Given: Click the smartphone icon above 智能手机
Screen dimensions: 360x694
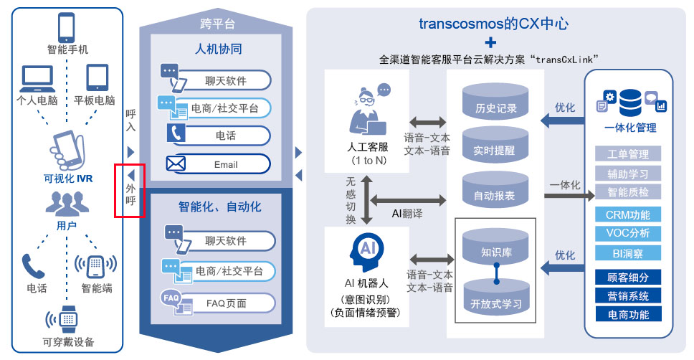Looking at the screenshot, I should [67, 27].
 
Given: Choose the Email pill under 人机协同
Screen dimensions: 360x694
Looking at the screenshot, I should [225, 164].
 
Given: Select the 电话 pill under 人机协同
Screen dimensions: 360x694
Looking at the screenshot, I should [225, 136].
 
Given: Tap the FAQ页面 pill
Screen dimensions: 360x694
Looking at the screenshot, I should [225, 303].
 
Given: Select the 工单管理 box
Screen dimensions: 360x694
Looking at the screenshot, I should [627, 154].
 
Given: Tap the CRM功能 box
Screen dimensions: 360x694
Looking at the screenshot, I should [627, 214].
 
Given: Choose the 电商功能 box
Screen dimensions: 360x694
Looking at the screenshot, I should [627, 314].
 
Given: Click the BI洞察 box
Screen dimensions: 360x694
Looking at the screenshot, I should [627, 252].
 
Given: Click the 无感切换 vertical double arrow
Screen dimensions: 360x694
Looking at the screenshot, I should [366, 200].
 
